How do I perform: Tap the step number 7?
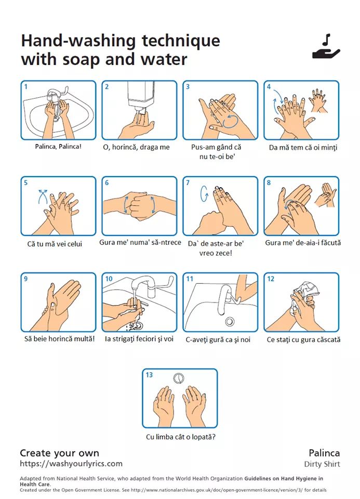pos(188,182)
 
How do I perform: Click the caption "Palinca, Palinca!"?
pos(58,147)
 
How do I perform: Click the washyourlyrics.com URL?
pos(71,464)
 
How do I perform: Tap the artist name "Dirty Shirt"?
pos(322,464)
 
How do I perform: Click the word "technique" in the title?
pos(181,41)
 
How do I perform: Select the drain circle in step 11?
pos(230,321)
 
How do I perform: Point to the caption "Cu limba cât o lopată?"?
pos(181,437)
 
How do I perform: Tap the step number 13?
pos(149,375)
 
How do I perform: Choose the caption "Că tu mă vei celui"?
pos(55,244)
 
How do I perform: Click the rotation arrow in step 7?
pos(204,193)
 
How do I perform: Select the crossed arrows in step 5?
pos(43,196)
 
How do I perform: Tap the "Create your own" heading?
pos(59,453)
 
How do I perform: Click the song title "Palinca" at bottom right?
pos(324,453)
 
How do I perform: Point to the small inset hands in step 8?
pos(325,195)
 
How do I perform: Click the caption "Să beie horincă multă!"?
pos(59,339)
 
